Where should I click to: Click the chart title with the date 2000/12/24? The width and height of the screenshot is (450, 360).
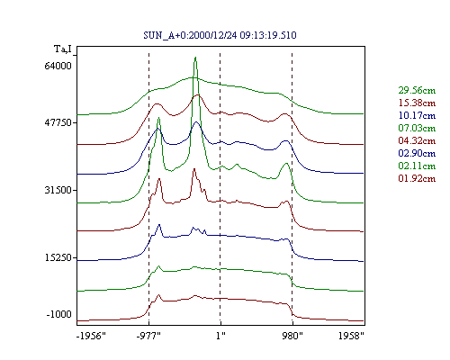(x=220, y=35)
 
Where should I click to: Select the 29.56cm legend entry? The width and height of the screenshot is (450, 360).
(x=417, y=90)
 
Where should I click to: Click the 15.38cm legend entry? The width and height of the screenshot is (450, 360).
(x=417, y=103)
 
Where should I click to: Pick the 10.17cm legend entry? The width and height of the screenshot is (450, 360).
(x=417, y=115)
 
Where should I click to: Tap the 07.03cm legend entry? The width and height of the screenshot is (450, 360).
(x=417, y=128)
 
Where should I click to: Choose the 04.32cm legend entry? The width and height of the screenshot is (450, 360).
(x=417, y=140)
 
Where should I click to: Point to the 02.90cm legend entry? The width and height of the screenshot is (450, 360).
(x=417, y=153)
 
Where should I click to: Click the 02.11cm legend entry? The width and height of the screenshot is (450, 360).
(x=417, y=166)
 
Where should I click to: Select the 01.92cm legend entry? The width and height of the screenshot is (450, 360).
(x=417, y=178)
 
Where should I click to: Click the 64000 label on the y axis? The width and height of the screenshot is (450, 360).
(x=58, y=66)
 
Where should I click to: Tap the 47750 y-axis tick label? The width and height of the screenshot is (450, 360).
(x=57, y=122)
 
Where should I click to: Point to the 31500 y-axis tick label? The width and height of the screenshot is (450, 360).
(x=58, y=190)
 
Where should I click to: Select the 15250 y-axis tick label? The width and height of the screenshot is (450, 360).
(x=57, y=257)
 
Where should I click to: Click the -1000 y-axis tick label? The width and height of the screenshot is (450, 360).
(x=58, y=314)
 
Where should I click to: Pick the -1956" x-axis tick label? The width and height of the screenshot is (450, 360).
(x=91, y=336)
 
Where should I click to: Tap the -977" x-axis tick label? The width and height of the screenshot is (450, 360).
(x=148, y=336)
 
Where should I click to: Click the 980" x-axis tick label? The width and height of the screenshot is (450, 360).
(x=292, y=336)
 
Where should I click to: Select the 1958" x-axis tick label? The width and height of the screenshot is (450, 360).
(x=351, y=336)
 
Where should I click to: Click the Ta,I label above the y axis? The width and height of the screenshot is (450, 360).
(x=63, y=49)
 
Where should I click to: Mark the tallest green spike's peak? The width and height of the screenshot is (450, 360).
(x=195, y=57)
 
